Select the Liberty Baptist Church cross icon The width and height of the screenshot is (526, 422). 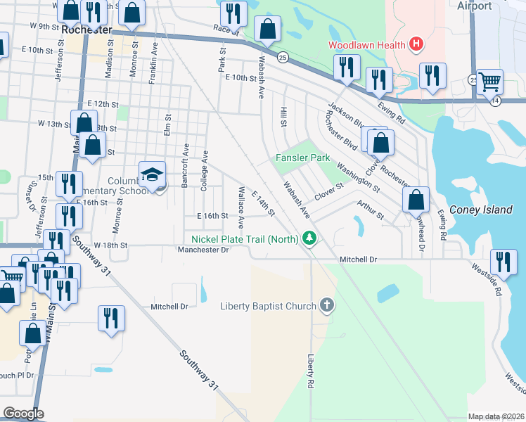(326, 305)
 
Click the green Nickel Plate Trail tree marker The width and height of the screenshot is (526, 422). (309, 240)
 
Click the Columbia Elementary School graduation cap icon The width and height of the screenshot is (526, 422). (152, 176)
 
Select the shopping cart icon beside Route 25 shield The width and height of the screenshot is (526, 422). (489, 82)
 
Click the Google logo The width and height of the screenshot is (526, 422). (23, 413)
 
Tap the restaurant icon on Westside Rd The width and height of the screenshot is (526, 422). (503, 262)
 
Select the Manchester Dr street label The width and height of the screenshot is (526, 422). (204, 250)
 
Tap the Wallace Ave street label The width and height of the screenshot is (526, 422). (241, 207)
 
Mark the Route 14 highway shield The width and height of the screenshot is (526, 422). (496, 101)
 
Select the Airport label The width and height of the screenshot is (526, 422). (474, 6)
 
